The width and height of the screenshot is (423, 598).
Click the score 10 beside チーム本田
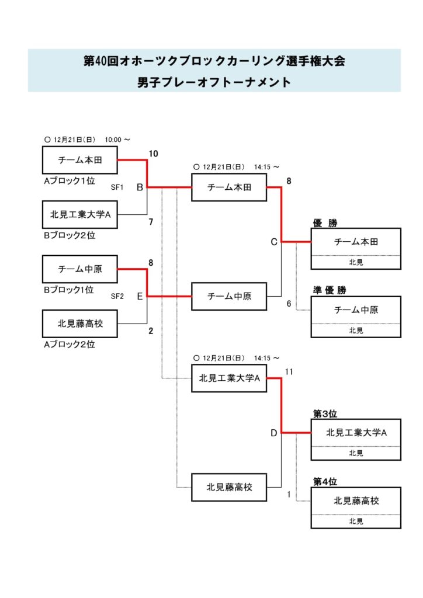point(154,154)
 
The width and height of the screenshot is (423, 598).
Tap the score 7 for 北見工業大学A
point(151,222)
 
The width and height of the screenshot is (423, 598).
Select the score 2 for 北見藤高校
point(151,331)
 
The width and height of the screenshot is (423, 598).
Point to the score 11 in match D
point(289,371)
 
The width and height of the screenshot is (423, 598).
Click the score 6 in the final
point(289,304)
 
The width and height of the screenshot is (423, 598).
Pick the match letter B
point(140,187)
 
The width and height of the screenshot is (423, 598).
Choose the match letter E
point(140,296)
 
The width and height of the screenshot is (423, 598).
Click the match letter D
point(273,433)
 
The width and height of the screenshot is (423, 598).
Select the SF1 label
point(117,187)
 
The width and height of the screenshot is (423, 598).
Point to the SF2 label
point(117,296)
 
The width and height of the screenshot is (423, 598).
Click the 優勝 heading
point(325,223)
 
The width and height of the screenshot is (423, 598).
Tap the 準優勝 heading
point(330,290)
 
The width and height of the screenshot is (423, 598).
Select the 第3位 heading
point(325,414)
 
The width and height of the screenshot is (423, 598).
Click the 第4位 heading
point(325,482)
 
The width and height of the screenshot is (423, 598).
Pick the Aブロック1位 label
point(69,181)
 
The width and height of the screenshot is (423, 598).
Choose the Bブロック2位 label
point(69,235)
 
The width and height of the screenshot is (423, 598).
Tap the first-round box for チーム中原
point(80,269)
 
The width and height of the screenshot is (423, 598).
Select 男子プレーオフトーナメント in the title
point(214,82)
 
